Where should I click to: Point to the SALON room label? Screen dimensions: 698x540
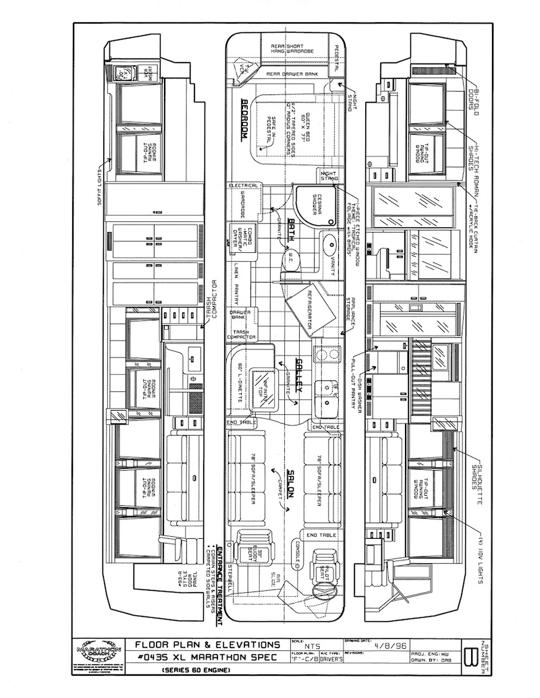coord(293,483)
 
